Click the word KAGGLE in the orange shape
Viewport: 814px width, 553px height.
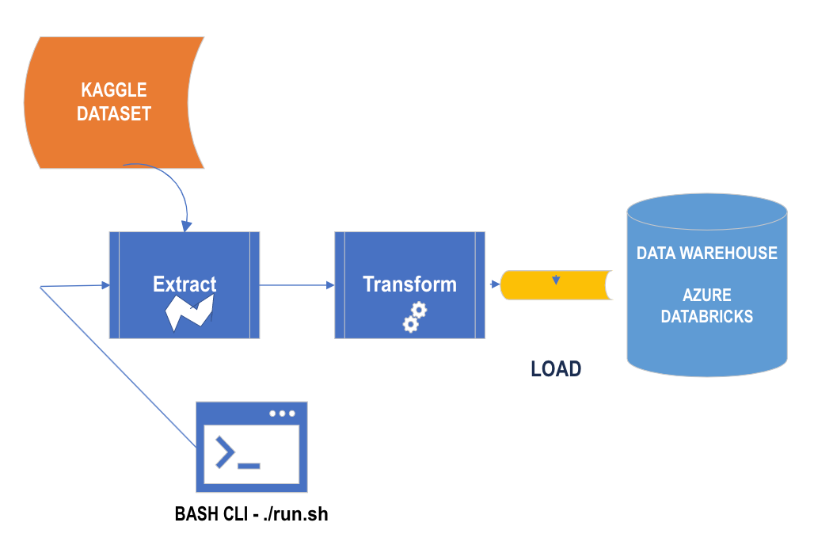114,90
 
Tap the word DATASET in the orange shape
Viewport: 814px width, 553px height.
114,113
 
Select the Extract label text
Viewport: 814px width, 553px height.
184,284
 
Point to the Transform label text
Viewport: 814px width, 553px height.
409,284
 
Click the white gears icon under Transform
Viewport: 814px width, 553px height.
414,316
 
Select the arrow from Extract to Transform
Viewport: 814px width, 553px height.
297,285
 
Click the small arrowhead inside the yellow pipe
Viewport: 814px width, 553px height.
557,280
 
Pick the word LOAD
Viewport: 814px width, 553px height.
556,368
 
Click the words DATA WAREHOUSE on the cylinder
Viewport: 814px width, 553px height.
707,254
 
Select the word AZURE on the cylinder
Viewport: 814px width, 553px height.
707,296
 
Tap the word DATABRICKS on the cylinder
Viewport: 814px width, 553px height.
707,317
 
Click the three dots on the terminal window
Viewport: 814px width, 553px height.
282,414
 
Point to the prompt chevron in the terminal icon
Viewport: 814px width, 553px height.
225,452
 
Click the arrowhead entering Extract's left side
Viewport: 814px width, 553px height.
104,284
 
